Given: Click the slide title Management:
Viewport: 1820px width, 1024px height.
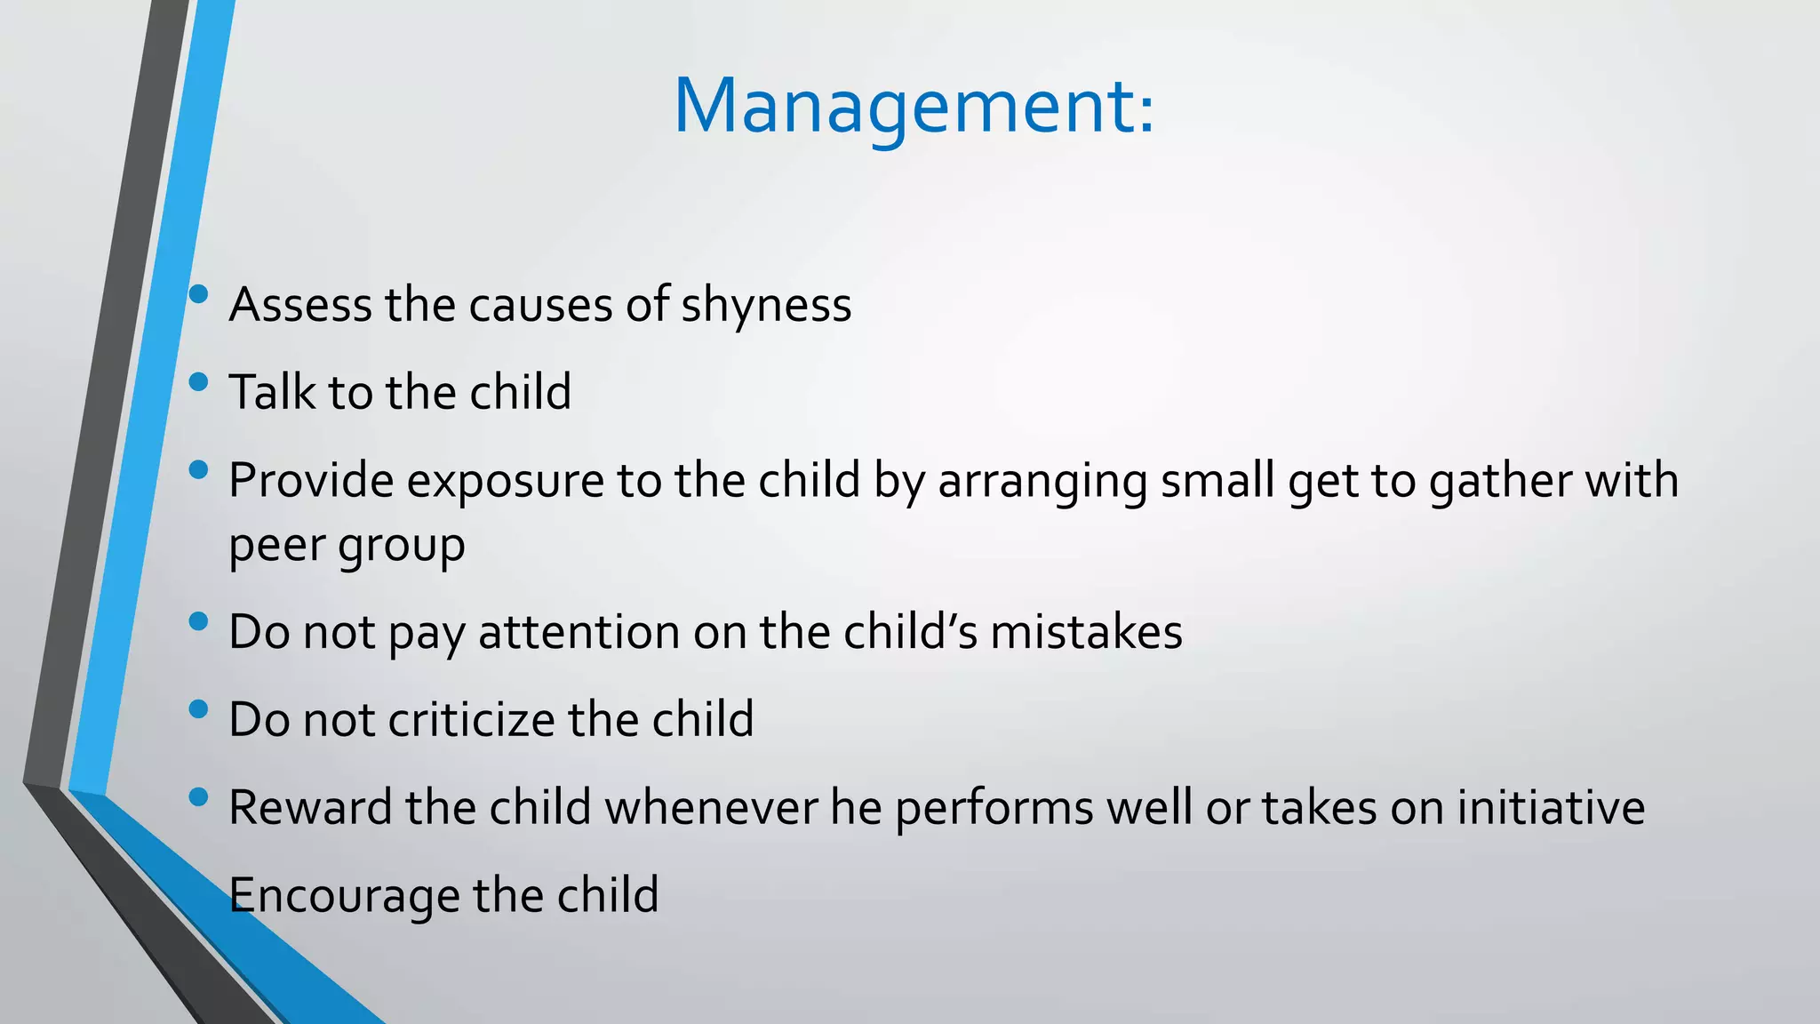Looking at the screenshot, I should pyautogui.click(x=914, y=107).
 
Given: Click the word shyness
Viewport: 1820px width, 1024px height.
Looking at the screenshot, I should pyautogui.click(x=766, y=305).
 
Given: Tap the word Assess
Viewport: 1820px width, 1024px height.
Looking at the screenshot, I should pyautogui.click(x=299, y=305).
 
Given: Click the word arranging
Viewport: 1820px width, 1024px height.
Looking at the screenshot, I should pyautogui.click(x=1042, y=481).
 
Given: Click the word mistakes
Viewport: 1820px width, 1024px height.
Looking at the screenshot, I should pyautogui.click(x=1086, y=632).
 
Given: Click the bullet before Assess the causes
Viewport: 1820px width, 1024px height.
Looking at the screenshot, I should pyautogui.click(x=198, y=294).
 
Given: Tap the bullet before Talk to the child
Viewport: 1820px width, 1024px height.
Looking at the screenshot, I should pyautogui.click(x=198, y=382).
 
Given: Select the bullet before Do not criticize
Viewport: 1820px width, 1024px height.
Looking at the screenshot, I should pyautogui.click(x=198, y=709).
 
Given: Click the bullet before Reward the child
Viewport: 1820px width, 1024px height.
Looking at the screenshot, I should pyautogui.click(x=198, y=797).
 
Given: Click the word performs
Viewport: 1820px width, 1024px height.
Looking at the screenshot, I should pyautogui.click(x=994, y=807).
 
